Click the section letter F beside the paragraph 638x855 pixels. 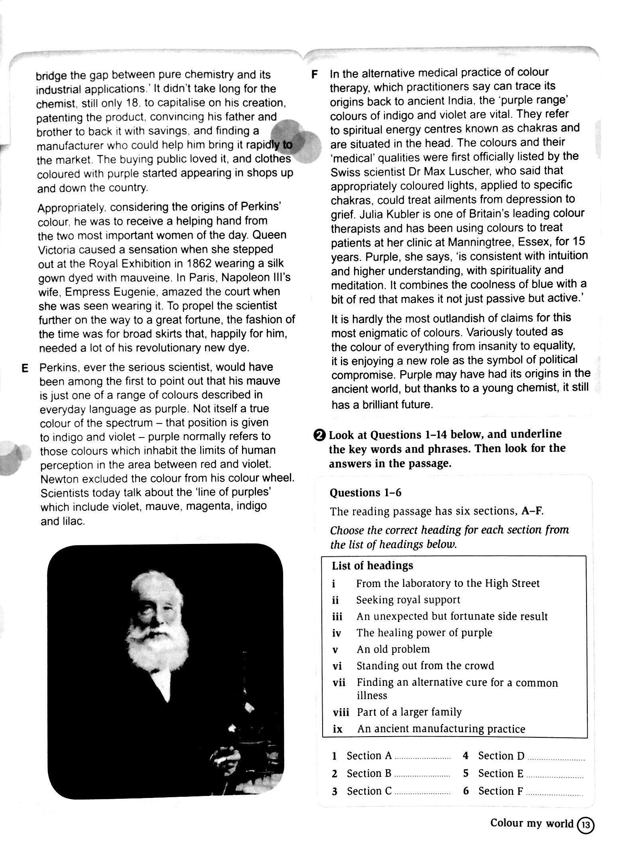(x=315, y=75)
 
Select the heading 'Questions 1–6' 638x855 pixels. (x=365, y=493)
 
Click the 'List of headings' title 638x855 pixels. (x=372, y=565)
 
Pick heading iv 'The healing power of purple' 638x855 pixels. (x=424, y=633)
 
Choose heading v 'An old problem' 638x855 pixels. (x=393, y=649)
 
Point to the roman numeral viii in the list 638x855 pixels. (x=340, y=712)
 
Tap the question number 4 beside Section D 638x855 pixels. (x=465, y=756)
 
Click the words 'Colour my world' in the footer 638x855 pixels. (x=532, y=823)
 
